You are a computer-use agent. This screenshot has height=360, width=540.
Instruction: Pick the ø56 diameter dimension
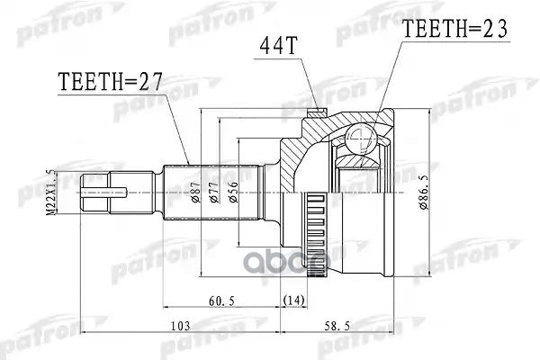tap(234, 192)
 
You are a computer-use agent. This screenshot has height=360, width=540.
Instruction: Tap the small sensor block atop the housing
tap(315, 113)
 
